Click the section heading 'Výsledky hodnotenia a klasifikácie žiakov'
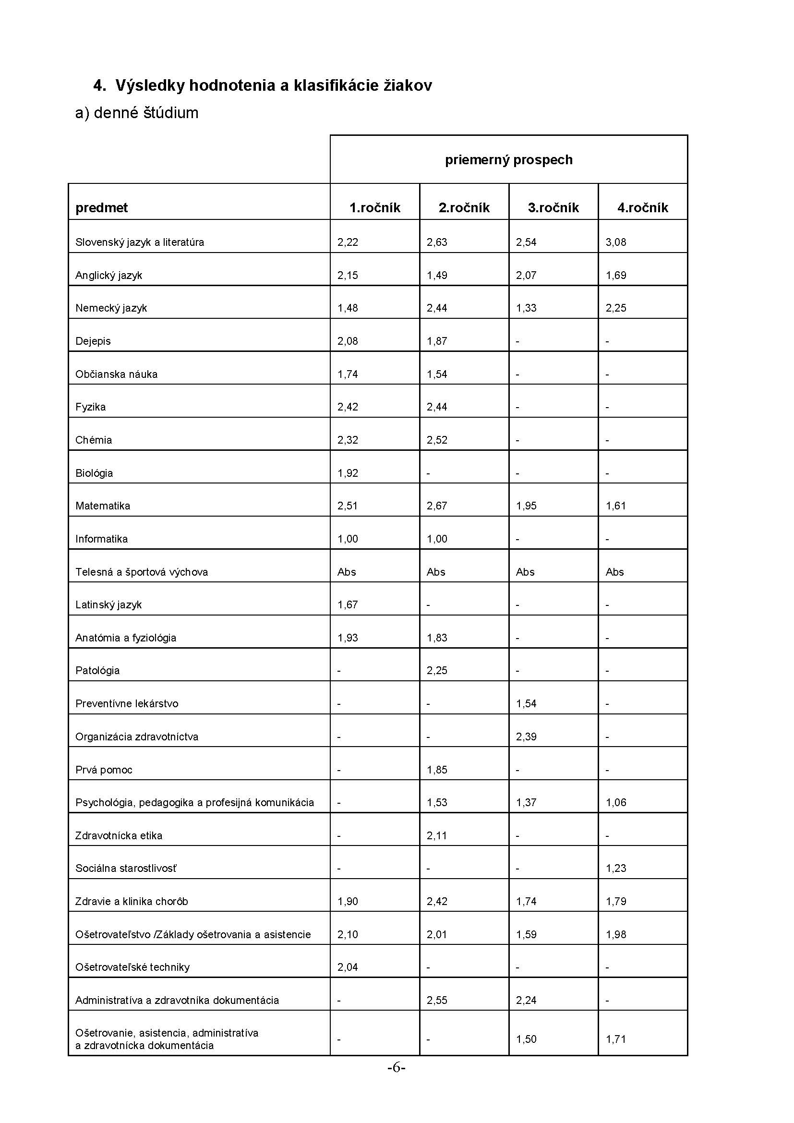273,85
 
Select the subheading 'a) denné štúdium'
136,113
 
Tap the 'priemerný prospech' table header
508,160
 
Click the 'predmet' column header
101,208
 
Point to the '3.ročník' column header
553,208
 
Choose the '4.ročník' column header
642,208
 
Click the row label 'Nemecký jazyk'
111,308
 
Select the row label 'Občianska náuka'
116,374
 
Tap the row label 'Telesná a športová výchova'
141,572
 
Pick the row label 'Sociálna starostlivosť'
126,868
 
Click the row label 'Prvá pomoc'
104,769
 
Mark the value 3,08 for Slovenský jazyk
615,242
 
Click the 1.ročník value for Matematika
348,506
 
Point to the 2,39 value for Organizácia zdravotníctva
526,737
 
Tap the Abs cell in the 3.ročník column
525,572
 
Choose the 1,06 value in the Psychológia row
615,802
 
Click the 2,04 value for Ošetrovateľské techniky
348,967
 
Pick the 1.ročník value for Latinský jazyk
348,604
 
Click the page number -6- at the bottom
397,1068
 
